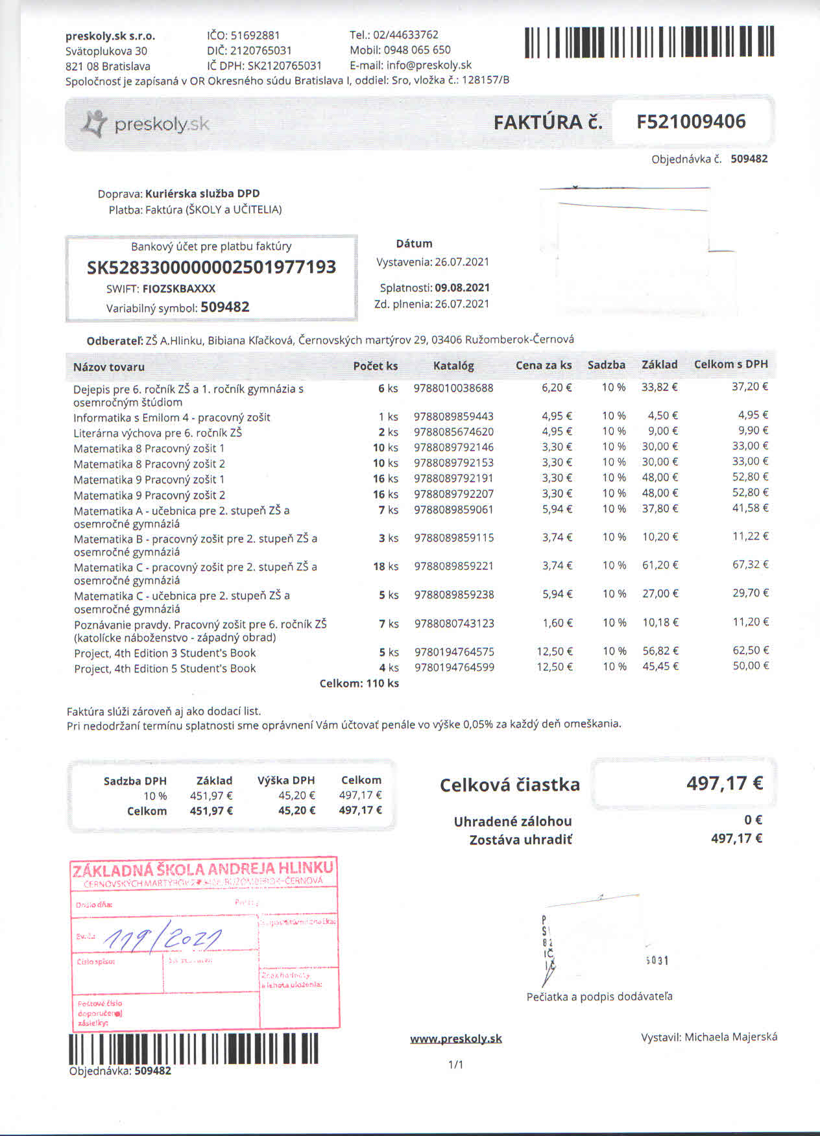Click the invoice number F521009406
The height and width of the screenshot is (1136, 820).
coord(691,121)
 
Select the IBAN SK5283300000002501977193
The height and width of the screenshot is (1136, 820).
coord(211,267)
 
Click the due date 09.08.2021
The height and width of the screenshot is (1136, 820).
coord(462,287)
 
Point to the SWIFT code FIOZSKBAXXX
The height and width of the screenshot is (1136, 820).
coord(179,289)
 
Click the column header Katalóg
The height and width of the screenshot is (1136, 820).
coord(453,366)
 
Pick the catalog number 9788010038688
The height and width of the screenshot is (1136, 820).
coord(453,388)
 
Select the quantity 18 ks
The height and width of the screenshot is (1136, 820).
coord(385,566)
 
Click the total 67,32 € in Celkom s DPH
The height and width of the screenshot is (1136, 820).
coord(750,565)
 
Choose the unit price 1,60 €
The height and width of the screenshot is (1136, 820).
coord(557,623)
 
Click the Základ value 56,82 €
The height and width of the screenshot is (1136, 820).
coord(660,651)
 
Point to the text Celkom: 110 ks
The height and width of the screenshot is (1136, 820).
coord(359,683)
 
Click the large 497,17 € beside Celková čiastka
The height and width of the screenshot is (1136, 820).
coord(724,783)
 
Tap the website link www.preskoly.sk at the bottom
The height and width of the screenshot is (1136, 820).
coord(456,1039)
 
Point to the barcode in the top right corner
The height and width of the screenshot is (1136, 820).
coord(649,42)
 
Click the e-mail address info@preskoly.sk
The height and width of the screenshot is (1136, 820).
coord(429,65)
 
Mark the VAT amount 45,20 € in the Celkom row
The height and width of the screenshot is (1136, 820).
coord(296,811)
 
